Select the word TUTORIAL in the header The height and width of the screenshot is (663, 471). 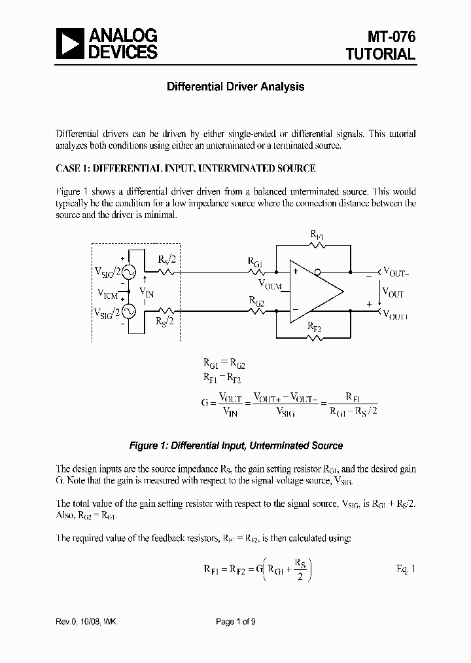point(381,54)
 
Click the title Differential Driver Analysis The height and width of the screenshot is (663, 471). point(235,86)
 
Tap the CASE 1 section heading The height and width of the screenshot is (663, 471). point(186,168)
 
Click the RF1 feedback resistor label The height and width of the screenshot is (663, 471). point(317,233)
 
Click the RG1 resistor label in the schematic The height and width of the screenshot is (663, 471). point(255,261)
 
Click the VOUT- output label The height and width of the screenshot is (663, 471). point(396,270)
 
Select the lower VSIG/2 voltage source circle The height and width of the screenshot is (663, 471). point(129,312)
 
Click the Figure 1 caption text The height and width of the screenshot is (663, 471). point(235,445)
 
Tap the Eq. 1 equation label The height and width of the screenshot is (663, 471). point(406,568)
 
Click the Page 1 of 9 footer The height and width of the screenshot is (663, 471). point(235,622)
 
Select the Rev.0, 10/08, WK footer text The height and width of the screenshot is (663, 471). point(87,622)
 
